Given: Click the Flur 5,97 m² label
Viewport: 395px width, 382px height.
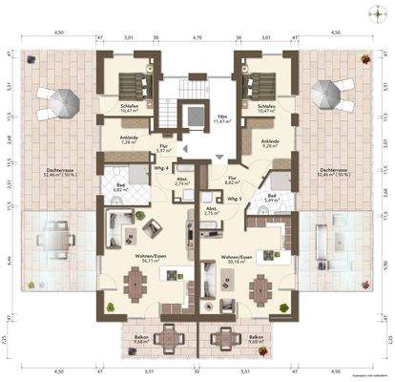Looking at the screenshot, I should point(163,149).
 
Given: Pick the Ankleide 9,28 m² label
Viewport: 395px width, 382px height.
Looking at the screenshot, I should point(271,142).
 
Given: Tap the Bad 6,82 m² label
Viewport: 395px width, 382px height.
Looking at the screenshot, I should point(121,188).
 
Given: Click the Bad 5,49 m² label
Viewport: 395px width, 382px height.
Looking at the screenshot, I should point(272,198).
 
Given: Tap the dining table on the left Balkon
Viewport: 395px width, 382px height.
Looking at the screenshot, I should point(170,338).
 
